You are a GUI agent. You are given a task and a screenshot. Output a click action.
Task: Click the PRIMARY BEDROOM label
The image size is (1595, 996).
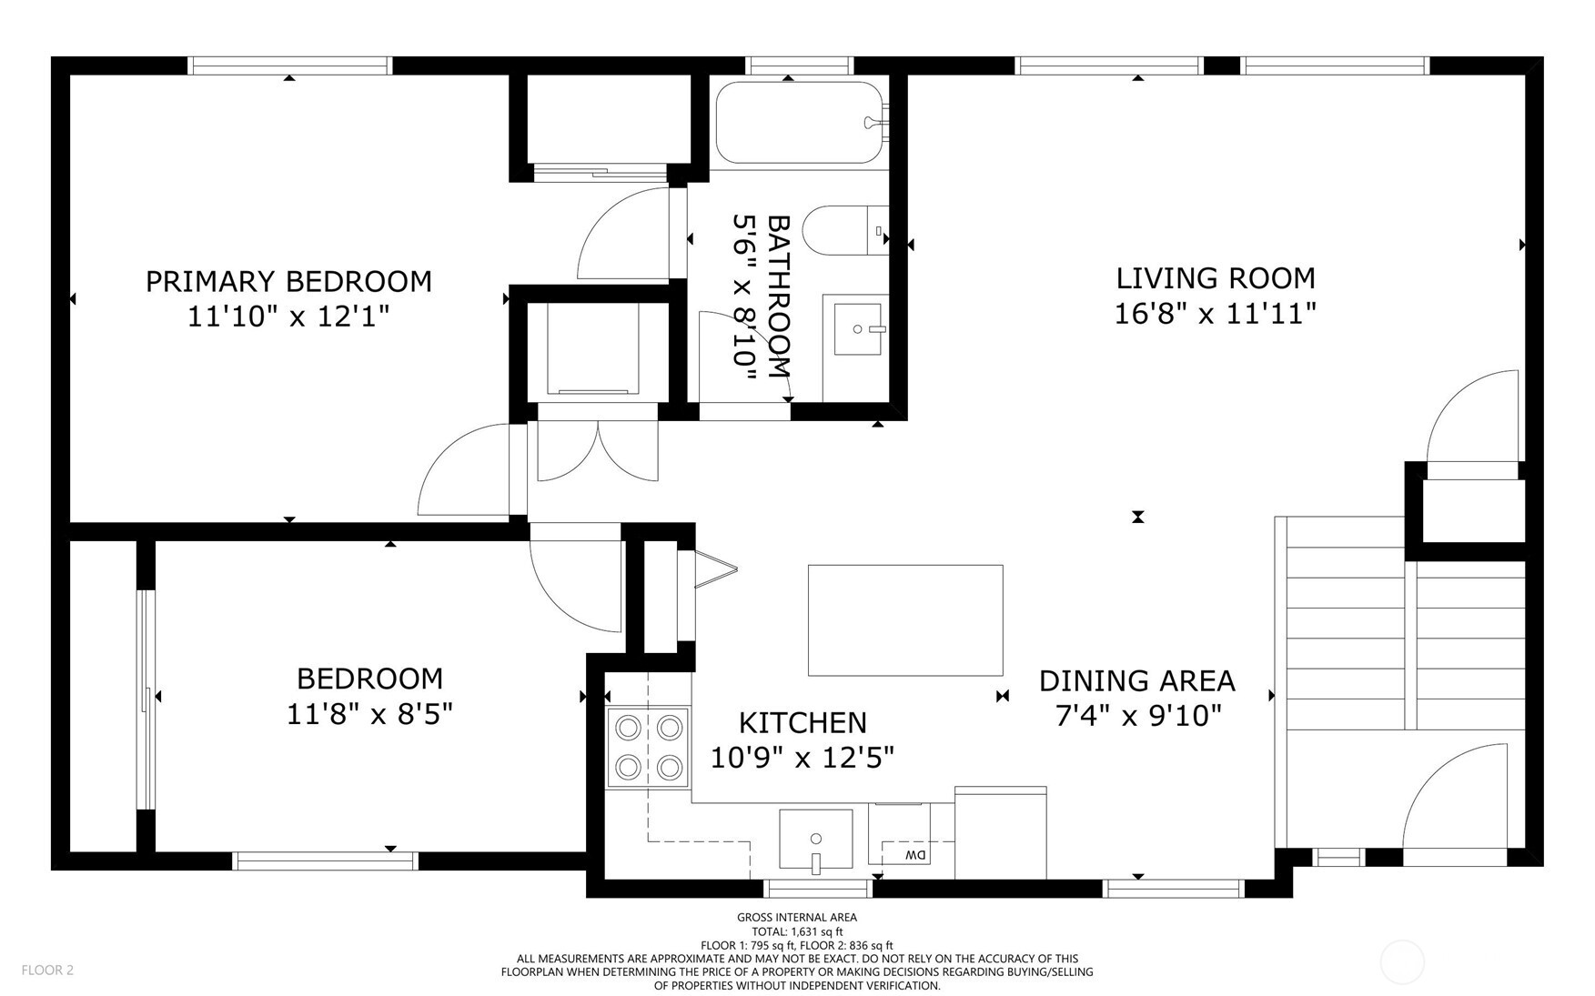pyautogui.click(x=288, y=281)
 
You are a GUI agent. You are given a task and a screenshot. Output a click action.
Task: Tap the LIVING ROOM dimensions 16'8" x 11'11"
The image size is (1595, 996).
pyautogui.click(x=1216, y=314)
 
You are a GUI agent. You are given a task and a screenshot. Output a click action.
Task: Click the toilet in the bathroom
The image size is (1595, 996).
pyautogui.click(x=845, y=231)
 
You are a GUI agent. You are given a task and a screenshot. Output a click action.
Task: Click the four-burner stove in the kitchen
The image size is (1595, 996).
pyautogui.click(x=649, y=747)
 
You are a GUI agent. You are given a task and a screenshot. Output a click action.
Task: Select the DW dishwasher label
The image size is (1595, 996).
pyautogui.click(x=914, y=855)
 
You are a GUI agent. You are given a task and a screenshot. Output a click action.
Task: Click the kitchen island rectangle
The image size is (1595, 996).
pyautogui.click(x=905, y=620)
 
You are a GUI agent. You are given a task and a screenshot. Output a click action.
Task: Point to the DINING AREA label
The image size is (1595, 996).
pyautogui.click(x=1137, y=680)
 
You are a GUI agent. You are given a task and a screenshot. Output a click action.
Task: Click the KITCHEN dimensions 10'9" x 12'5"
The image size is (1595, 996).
pyautogui.click(x=803, y=757)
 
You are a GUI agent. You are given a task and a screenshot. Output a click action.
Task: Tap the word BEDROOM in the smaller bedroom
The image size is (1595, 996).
pyautogui.click(x=370, y=679)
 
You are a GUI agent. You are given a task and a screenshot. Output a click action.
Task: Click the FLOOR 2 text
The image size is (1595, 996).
pyautogui.click(x=47, y=970)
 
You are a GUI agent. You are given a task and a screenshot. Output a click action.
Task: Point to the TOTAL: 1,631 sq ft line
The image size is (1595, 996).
pyautogui.click(x=797, y=931)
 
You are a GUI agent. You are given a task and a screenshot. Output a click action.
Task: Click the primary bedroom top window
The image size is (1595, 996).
pyautogui.click(x=290, y=65)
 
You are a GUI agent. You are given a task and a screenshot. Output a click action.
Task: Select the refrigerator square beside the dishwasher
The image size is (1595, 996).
pyautogui.click(x=1001, y=833)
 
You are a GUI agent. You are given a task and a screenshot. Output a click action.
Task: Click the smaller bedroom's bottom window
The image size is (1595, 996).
pyautogui.click(x=326, y=860)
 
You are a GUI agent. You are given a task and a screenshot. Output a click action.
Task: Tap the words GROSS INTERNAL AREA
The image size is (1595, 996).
pyautogui.click(x=797, y=918)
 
